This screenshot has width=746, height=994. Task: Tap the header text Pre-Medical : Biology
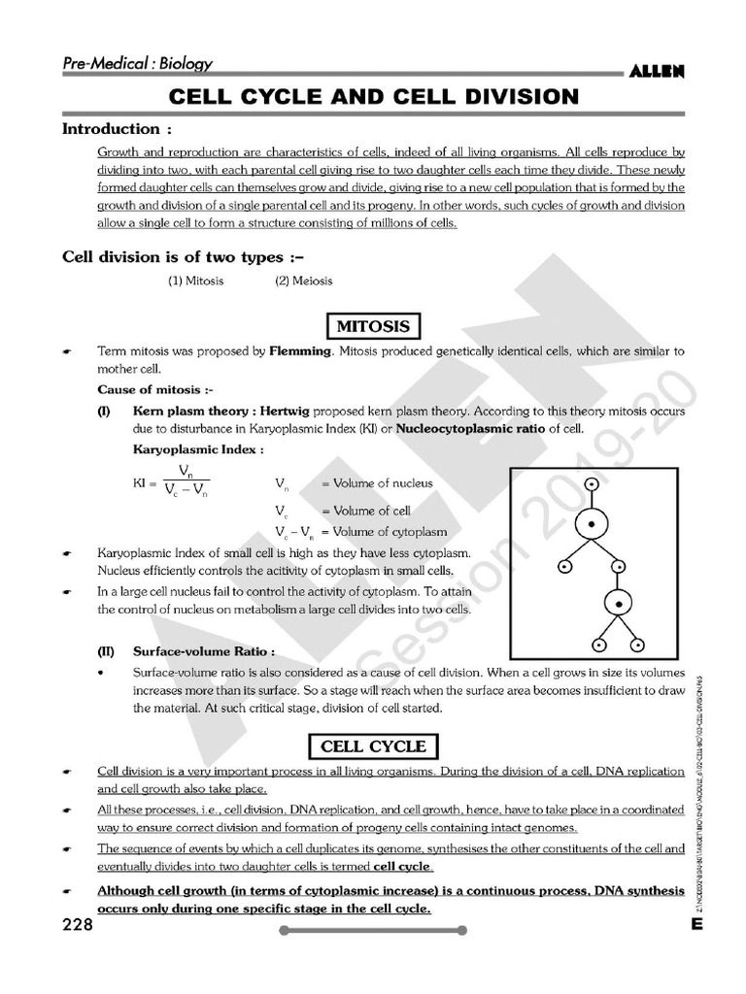[137, 64]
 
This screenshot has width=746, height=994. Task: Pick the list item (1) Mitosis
[195, 281]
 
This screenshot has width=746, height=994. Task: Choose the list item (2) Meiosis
[303, 281]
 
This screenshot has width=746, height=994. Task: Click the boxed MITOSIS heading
[372, 325]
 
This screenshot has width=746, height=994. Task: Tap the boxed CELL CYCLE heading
[373, 746]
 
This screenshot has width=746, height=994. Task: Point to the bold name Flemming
[300, 350]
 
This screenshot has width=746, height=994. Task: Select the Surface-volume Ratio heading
[203, 651]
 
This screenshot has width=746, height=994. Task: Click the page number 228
[78, 925]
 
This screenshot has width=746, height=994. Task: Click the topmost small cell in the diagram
[592, 483]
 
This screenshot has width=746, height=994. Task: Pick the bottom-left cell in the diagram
[599, 644]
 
